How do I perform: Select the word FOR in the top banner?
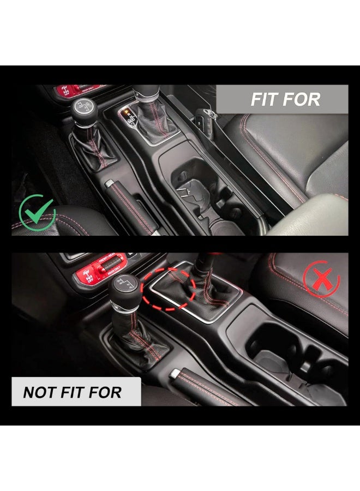(302, 100)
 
